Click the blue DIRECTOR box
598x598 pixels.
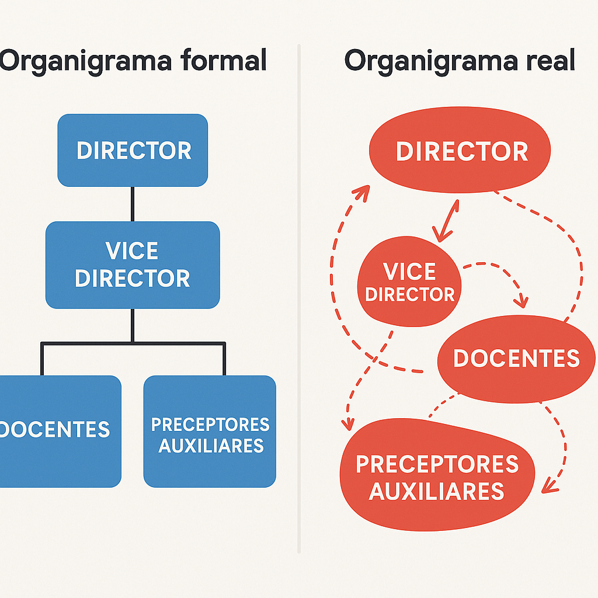(133, 150)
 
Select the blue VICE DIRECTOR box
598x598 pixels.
(133, 265)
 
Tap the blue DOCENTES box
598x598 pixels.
(58, 431)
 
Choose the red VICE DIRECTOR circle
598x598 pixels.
(409, 282)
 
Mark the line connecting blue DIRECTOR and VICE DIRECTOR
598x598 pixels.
(133, 204)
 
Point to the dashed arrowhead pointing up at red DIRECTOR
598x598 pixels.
(363, 192)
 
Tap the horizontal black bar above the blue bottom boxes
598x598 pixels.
(133, 343)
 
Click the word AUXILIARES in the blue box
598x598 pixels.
(211, 446)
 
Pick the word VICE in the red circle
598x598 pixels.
(409, 272)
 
